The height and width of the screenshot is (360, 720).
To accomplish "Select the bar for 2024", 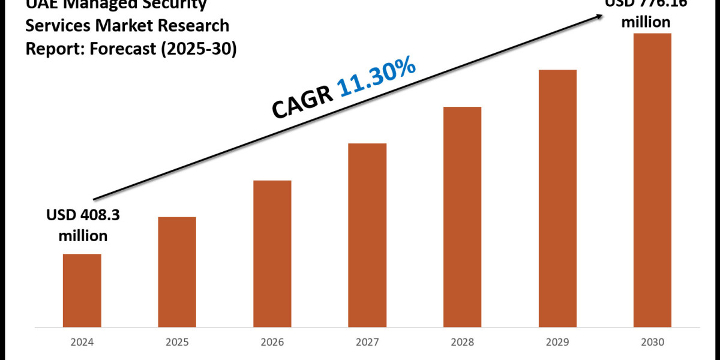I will (82, 291).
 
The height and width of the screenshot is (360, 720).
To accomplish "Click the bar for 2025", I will (177, 272).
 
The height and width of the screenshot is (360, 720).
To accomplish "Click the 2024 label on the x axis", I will (82, 344).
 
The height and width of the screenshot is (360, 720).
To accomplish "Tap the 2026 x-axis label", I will (272, 344).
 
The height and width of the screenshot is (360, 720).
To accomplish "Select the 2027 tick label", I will (367, 344).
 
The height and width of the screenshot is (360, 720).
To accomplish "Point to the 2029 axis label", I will (557, 344).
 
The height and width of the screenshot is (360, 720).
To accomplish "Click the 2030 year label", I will (653, 344).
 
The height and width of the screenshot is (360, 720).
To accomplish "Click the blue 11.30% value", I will (377, 78).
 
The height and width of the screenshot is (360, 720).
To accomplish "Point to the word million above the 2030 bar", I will (646, 22).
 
